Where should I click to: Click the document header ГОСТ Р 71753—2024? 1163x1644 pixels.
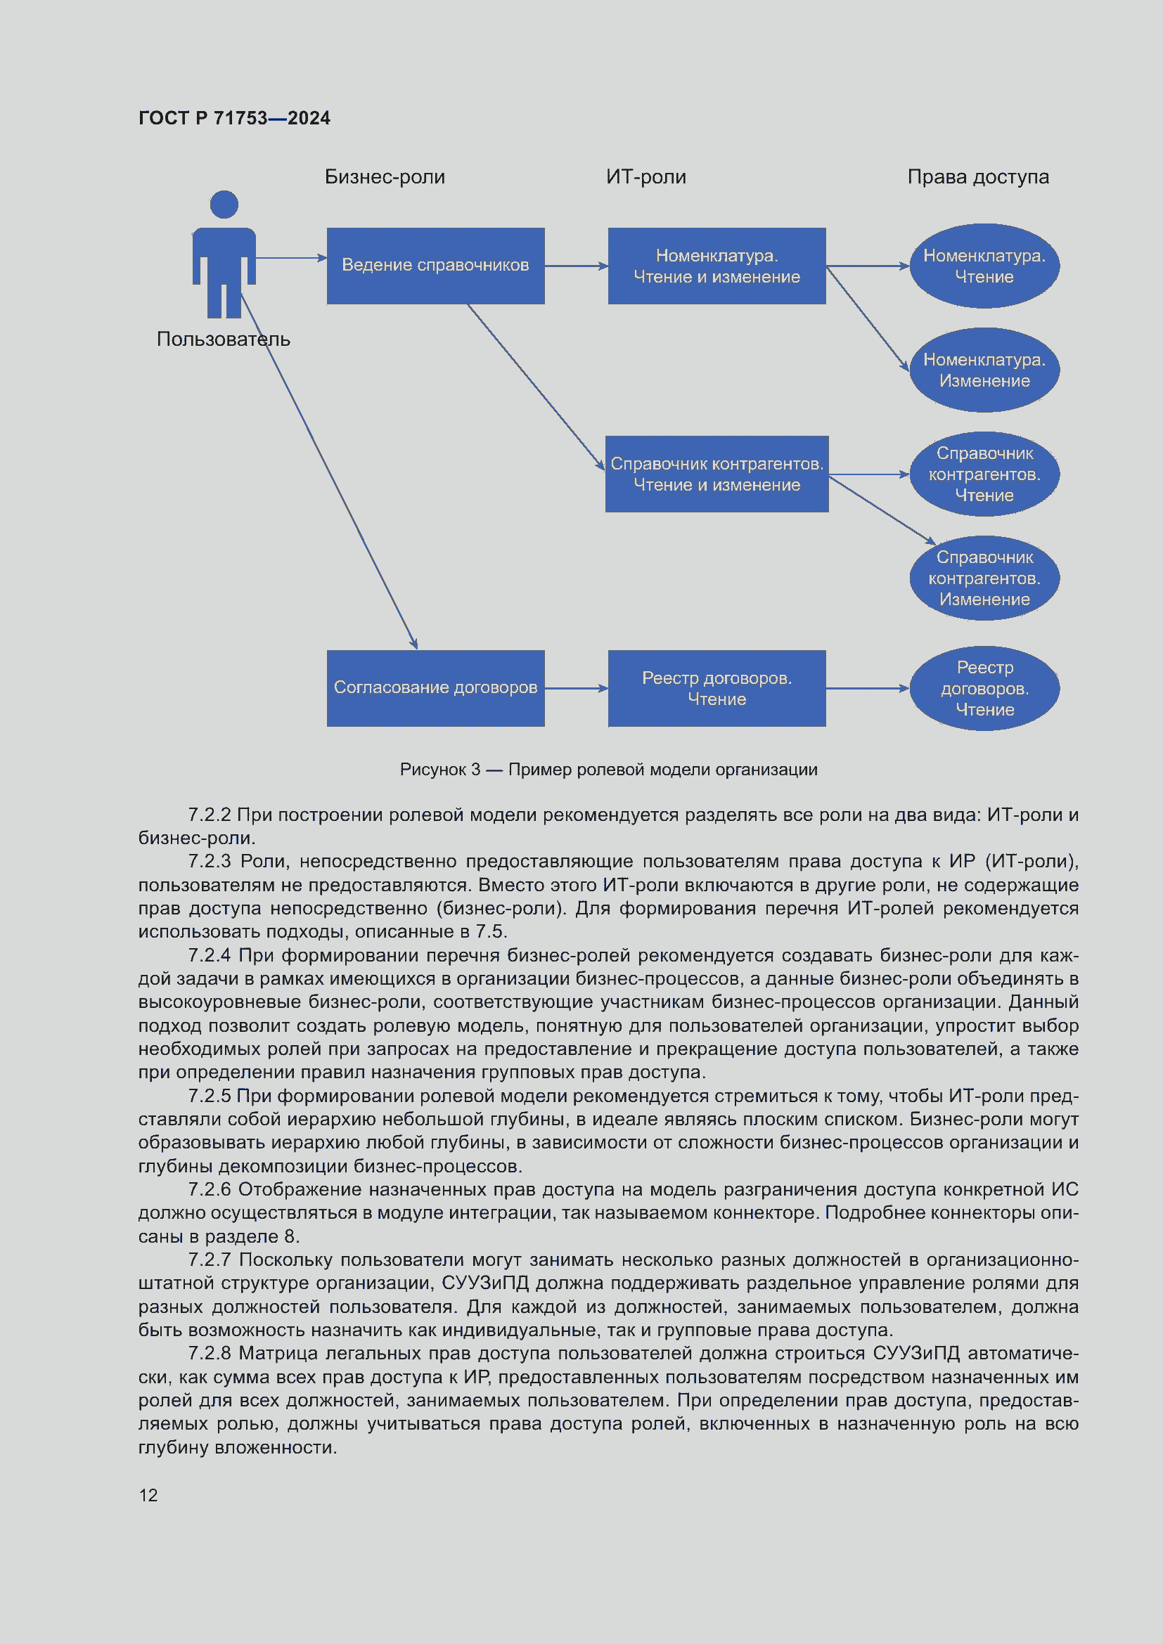234,118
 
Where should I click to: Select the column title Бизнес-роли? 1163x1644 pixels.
385,177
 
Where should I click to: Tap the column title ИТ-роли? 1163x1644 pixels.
645,177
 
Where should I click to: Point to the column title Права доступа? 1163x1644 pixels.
977,177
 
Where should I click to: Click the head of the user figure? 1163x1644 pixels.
224,205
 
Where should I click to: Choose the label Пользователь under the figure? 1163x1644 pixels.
224,339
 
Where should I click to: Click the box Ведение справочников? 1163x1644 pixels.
435,266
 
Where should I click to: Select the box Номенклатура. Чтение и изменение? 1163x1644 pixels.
716,266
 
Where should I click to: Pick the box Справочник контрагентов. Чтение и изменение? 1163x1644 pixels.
716,474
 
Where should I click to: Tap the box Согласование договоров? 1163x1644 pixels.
435,688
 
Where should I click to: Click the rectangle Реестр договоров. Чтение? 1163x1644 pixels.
716,688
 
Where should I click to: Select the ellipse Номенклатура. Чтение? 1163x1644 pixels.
984,266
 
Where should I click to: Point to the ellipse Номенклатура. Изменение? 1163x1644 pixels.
984,370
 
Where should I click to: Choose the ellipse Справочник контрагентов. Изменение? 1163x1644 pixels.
984,578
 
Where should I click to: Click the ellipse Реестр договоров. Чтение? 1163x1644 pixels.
984,688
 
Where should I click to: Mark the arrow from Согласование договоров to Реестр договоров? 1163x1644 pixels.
576,688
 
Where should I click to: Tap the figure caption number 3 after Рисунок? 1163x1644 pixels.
475,770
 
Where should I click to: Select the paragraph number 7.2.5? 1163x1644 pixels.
209,1096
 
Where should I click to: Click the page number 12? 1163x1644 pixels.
148,1495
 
